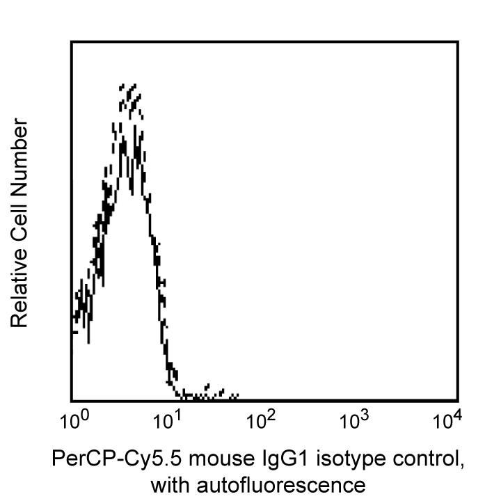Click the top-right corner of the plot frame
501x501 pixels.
tap(457, 42)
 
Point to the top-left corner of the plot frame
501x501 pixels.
tap(72, 42)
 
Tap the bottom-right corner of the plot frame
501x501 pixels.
tap(457, 400)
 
